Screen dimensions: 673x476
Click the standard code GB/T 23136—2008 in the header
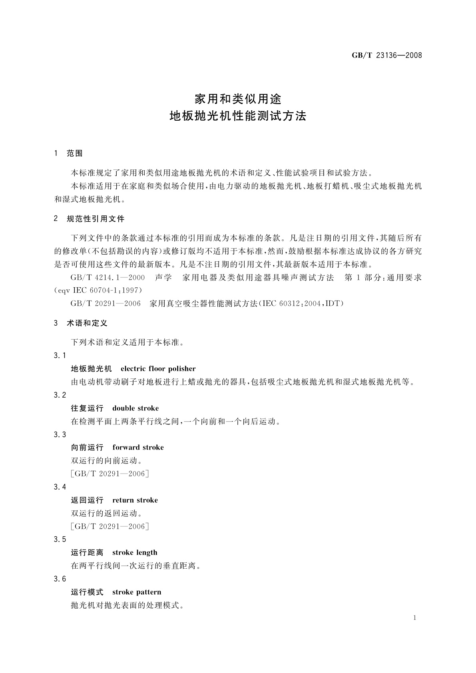[x=386, y=56]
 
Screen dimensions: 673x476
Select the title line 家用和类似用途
[x=238, y=98]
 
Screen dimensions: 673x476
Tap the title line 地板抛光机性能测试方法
[x=238, y=116]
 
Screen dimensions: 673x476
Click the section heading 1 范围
[x=68, y=153]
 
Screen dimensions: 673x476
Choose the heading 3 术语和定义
[x=81, y=323]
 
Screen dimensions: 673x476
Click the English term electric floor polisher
[x=158, y=368]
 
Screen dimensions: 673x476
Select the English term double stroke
[x=135, y=408]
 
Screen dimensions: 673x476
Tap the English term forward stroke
[x=138, y=447]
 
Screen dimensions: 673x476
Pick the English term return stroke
[x=135, y=500]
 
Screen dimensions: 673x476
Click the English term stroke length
[x=135, y=552]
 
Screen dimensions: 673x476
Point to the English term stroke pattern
[x=137, y=592]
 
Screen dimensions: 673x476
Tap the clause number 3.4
[x=60, y=487]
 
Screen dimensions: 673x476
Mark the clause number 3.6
[x=60, y=579]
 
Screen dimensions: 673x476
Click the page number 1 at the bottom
[x=415, y=618]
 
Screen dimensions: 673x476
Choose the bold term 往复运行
[x=87, y=408]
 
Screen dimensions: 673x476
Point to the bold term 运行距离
[x=87, y=552]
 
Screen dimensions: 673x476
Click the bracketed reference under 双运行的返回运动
[x=110, y=526]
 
